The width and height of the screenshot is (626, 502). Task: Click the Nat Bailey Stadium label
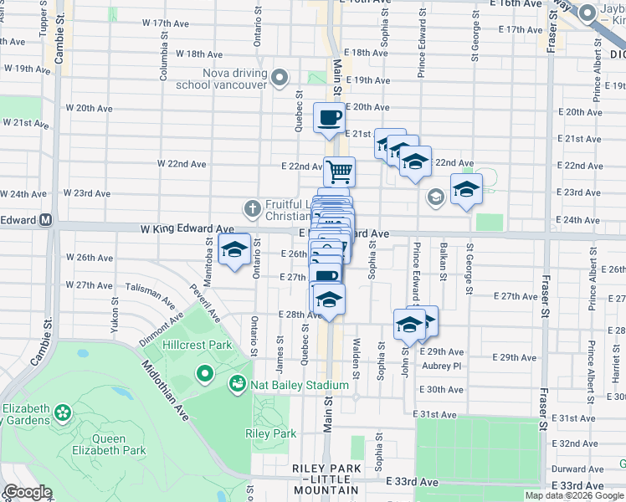[299, 385]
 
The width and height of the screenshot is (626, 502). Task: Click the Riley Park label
[270, 433]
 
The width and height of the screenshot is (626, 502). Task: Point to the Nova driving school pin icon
[280, 79]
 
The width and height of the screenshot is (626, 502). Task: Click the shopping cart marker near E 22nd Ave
[339, 172]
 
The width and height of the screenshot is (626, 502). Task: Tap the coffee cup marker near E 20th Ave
[329, 116]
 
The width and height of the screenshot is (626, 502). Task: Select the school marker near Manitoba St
[234, 248]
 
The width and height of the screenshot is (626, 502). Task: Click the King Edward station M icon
[46, 221]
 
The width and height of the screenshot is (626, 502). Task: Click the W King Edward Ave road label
[187, 228]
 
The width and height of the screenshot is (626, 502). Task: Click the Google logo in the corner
[28, 492]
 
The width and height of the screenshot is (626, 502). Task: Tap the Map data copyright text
[574, 495]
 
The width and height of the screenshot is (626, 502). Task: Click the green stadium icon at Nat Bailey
[238, 384]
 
